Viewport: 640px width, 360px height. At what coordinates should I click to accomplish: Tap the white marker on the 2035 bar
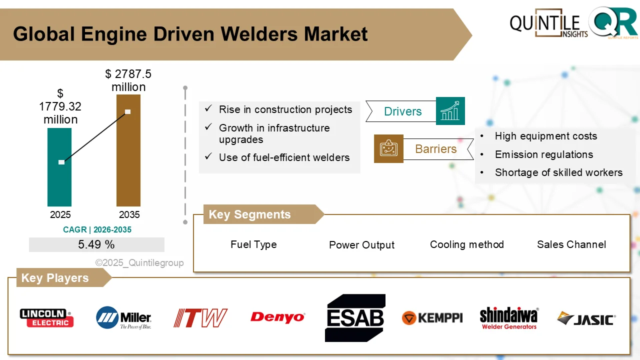[128, 111]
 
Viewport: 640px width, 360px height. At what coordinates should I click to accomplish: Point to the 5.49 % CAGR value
[96, 244]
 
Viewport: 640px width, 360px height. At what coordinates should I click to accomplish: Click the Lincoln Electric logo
[46, 317]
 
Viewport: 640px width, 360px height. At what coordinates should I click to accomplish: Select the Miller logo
[123, 317]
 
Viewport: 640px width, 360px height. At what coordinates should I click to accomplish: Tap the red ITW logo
[200, 318]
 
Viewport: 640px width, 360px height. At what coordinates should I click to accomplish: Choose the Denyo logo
[277, 317]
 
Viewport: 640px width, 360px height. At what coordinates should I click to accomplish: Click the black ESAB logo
[355, 318]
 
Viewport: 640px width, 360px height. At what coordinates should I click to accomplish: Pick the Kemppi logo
[432, 318]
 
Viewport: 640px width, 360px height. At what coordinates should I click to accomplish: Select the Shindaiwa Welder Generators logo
[509, 318]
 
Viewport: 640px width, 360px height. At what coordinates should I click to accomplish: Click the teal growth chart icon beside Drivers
[450, 111]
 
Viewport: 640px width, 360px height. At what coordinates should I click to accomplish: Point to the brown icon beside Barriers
[388, 148]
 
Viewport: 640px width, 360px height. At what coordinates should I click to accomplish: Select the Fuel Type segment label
[253, 244]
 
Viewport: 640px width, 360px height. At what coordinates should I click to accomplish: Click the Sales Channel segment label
[571, 244]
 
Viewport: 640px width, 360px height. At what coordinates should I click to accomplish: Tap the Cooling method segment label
[467, 244]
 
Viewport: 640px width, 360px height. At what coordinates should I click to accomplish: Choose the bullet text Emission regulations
[543, 154]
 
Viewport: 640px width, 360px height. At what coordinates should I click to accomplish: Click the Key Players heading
[55, 278]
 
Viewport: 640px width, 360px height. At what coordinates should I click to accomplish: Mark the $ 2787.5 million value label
[128, 80]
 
